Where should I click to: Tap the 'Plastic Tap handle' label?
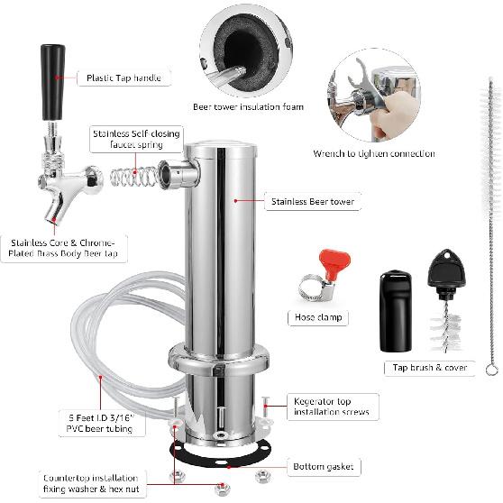point(123,78)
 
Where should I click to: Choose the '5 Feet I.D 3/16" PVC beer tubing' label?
point(100,423)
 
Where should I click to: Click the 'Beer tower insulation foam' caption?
point(248,106)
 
